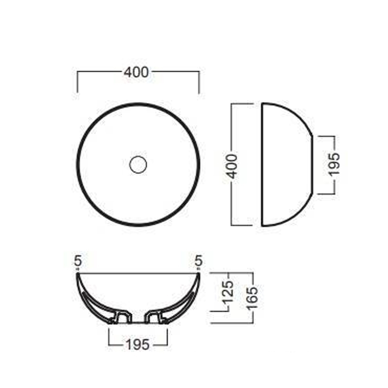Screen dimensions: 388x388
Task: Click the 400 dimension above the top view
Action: [x=136, y=72]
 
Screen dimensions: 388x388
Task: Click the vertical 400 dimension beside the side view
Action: [x=232, y=166]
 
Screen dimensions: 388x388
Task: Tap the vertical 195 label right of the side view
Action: [x=334, y=164]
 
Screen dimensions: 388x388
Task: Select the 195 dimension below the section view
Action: [x=138, y=344]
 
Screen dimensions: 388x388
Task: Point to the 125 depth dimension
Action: [x=228, y=292]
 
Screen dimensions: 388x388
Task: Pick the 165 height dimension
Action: [x=252, y=298]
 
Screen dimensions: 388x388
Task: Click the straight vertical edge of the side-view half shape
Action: [x=262, y=165]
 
